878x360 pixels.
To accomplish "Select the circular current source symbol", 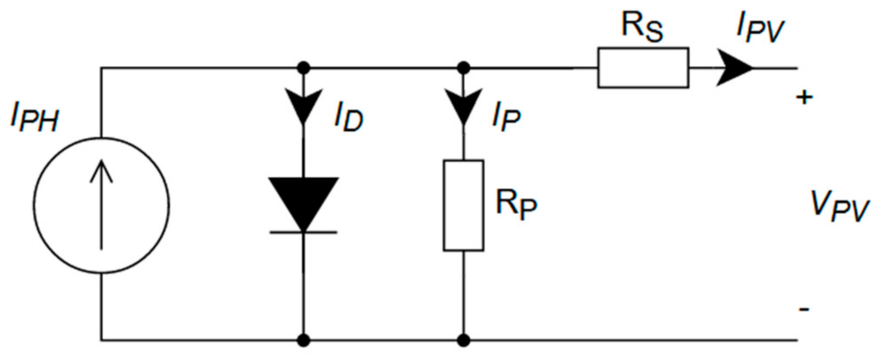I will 102,205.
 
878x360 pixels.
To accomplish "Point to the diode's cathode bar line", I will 303,232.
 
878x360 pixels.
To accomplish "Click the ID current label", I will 349,118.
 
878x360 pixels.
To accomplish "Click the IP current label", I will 507,118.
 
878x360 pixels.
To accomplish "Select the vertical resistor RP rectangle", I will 463,205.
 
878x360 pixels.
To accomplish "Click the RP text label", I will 516,204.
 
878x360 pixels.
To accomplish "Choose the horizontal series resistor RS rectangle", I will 643,68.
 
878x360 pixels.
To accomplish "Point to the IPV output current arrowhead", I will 734,68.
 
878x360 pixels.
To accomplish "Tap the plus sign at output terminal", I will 805,98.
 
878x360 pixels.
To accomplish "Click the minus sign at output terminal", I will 804,309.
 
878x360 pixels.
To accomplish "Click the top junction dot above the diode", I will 303,68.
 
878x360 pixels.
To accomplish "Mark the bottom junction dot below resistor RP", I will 463,341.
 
